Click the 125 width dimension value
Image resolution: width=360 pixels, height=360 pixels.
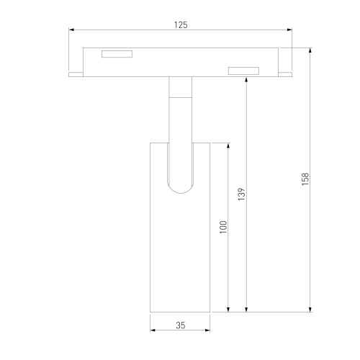(180, 24)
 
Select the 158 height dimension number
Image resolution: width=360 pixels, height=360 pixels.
(305, 179)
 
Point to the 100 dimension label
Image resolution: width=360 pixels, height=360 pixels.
(224, 227)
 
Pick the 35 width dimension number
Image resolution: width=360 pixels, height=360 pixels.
(180, 325)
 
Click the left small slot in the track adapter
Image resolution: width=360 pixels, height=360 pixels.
(117, 53)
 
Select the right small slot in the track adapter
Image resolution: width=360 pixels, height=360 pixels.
(243, 71)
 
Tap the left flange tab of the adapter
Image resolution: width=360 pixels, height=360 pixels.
(76, 73)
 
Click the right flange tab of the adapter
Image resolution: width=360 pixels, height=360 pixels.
(286, 73)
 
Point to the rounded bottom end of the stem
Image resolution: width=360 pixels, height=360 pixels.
(180, 189)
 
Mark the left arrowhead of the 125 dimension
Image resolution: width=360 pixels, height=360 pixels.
(71, 30)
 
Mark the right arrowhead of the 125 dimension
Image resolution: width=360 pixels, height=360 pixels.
(290, 30)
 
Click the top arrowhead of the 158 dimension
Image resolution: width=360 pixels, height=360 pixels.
(310, 50)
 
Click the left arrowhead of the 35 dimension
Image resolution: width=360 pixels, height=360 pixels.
(153, 331)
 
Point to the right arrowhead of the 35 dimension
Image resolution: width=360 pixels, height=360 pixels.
(207, 331)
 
